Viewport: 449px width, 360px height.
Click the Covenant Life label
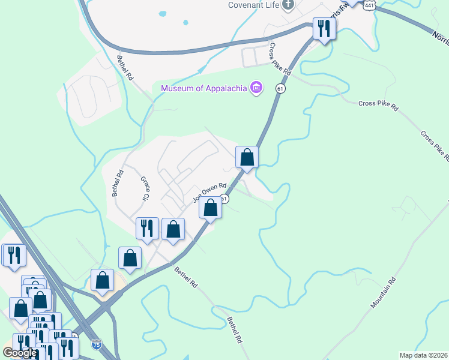click(253, 5)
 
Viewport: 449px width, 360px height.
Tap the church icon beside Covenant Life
click(289, 5)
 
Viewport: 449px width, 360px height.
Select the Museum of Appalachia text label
click(204, 89)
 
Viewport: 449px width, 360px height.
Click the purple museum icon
click(256, 89)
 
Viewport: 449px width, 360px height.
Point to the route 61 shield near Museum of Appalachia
click(280, 89)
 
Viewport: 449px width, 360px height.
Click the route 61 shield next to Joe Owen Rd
click(224, 199)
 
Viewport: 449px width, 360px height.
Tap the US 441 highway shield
click(371, 5)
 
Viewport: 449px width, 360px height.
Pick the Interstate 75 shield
click(97, 345)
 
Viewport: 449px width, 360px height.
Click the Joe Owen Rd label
click(209, 193)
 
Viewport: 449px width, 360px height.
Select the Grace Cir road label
click(147, 188)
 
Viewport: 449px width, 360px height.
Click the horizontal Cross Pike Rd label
click(378, 104)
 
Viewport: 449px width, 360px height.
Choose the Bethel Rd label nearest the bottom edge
click(234, 331)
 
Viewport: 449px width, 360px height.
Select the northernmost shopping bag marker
click(247, 158)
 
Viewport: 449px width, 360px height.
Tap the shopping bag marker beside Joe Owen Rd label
click(210, 209)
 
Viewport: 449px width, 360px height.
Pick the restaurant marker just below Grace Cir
click(147, 229)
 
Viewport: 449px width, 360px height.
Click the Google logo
click(20, 352)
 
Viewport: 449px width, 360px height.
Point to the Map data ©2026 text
click(423, 355)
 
